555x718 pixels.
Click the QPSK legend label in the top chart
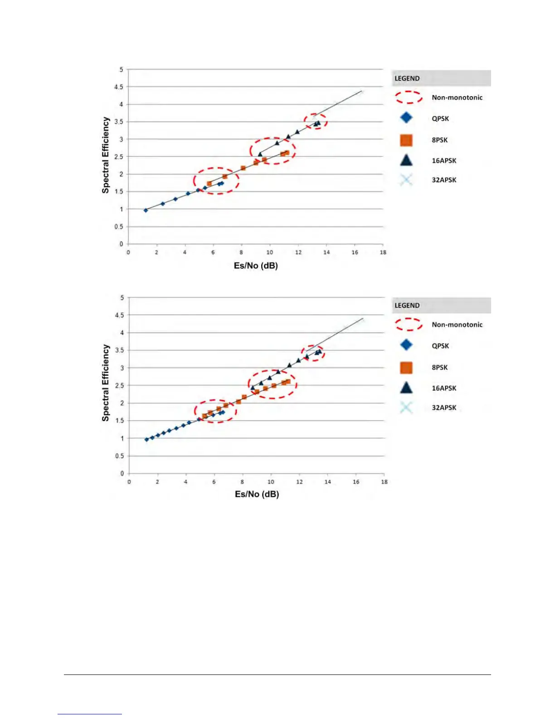(440, 119)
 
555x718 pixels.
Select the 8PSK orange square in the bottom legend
(406, 368)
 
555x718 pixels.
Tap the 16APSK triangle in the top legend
(406, 160)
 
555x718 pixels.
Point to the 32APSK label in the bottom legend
(444, 408)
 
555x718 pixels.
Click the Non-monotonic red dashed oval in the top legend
(409, 97)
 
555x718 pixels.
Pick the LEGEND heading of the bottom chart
(407, 306)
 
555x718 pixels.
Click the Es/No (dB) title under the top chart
(256, 266)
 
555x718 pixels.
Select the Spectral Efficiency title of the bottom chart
(106, 383)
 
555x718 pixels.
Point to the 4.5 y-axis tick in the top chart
(118, 87)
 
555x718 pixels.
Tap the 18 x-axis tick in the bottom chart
(384, 482)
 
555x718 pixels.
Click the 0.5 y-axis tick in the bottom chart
(119, 456)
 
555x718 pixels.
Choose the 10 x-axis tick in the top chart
(269, 252)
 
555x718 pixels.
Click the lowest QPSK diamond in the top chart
(146, 210)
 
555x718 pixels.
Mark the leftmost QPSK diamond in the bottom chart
(146, 440)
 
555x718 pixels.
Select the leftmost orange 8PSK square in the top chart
(209, 184)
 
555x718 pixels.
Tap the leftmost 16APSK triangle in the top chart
(260, 154)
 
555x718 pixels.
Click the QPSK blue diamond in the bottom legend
(406, 345)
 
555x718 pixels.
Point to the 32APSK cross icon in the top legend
(406, 180)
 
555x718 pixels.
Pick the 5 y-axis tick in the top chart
(121, 69)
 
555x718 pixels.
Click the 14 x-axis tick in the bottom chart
(327, 482)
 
